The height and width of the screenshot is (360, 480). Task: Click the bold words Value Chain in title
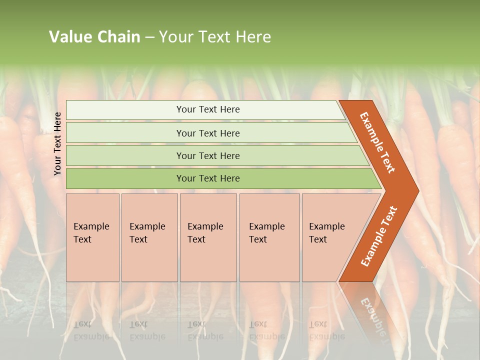pyautogui.click(x=94, y=37)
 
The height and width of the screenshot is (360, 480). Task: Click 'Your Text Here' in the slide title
pyautogui.click(x=215, y=37)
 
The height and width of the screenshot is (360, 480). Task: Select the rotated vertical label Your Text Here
pyautogui.click(x=57, y=143)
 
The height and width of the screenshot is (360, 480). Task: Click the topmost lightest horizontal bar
pyautogui.click(x=125, y=110)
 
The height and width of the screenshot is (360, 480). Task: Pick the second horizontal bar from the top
pyautogui.click(x=125, y=133)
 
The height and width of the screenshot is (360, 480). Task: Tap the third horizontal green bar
pyautogui.click(x=125, y=155)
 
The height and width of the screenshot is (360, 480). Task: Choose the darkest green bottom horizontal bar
pyautogui.click(x=125, y=178)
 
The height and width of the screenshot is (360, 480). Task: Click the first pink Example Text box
pyautogui.click(x=92, y=237)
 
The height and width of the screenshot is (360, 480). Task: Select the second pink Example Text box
pyautogui.click(x=149, y=237)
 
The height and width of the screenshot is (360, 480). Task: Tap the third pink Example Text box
pyautogui.click(x=208, y=237)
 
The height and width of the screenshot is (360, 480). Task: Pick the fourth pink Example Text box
pyautogui.click(x=269, y=237)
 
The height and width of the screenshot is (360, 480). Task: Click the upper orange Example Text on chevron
pyautogui.click(x=377, y=142)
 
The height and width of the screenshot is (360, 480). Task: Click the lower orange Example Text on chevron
pyautogui.click(x=378, y=236)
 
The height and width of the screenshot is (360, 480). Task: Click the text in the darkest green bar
pyautogui.click(x=208, y=178)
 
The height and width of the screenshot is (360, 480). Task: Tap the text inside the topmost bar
pyautogui.click(x=208, y=109)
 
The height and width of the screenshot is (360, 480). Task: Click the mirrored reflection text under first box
pyautogui.click(x=91, y=330)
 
